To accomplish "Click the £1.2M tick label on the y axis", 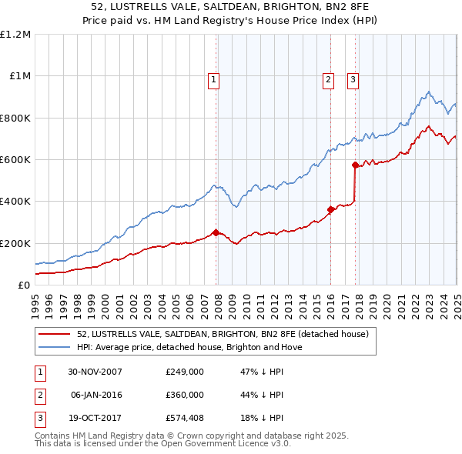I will pyautogui.click(x=15, y=35).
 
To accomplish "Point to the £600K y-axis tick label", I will pyautogui.click(x=15, y=160).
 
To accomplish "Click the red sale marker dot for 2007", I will pyautogui.click(x=216, y=232).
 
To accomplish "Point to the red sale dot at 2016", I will pyautogui.click(x=330, y=209).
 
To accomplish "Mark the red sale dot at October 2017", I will pyautogui.click(x=355, y=165).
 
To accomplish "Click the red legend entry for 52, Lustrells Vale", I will pyautogui.click(x=223, y=334).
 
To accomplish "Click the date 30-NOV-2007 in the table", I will pyautogui.click(x=96, y=372).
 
